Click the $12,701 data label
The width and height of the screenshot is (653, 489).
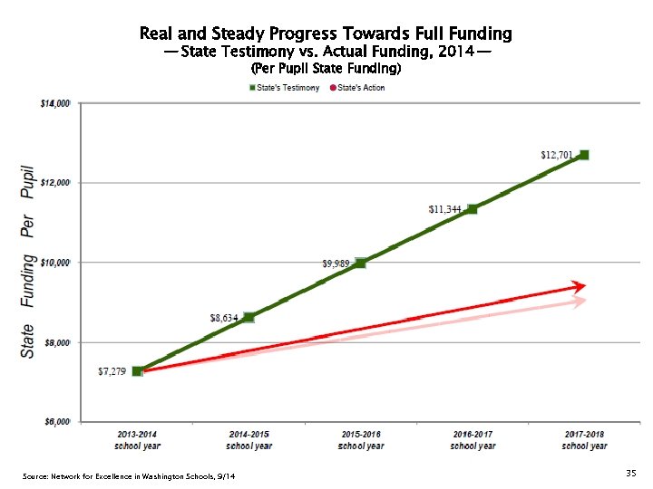(x=556, y=155)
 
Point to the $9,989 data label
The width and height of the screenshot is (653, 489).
(x=336, y=264)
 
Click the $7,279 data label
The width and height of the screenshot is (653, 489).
(x=112, y=371)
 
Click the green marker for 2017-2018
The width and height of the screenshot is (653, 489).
(x=584, y=155)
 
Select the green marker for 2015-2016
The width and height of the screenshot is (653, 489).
(x=361, y=263)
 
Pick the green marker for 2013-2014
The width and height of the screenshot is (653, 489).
(x=137, y=371)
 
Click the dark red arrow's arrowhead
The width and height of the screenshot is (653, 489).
(x=579, y=287)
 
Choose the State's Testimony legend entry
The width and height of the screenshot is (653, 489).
(x=285, y=88)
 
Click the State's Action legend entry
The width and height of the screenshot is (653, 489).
(x=358, y=88)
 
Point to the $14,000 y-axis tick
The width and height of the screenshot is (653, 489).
(x=55, y=103)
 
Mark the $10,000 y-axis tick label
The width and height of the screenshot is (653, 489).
(x=55, y=263)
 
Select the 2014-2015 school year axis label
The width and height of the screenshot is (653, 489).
(x=249, y=440)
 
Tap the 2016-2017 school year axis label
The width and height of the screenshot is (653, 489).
(x=473, y=440)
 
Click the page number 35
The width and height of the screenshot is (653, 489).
(x=630, y=474)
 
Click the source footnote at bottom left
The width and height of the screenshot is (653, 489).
(x=128, y=477)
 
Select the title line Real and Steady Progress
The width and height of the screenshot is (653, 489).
(x=326, y=34)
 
